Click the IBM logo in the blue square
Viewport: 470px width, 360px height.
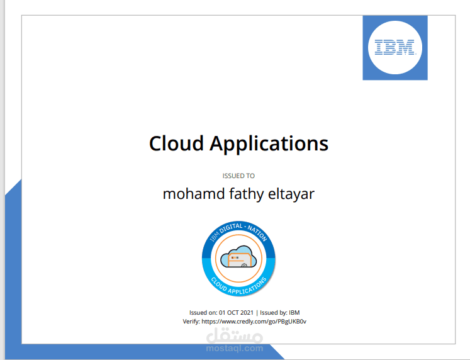tap(394, 48)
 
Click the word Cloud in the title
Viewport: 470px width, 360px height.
tap(176, 143)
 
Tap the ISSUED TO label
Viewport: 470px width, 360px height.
tap(238, 176)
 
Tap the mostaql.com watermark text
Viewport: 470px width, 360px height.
tap(234, 347)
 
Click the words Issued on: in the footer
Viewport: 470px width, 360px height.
tap(204, 312)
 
